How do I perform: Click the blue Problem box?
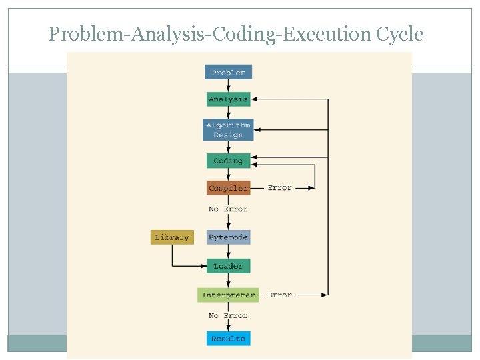(x=228, y=72)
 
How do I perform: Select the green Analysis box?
(x=228, y=99)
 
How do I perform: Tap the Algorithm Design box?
(x=228, y=130)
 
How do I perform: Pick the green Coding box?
(x=228, y=161)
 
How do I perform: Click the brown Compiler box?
(x=228, y=188)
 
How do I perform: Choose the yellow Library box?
(x=172, y=237)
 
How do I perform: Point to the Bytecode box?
(x=228, y=237)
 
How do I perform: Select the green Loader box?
(x=228, y=266)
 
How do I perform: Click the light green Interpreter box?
(x=228, y=295)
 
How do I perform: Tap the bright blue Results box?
(x=228, y=339)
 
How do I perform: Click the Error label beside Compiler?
(x=279, y=188)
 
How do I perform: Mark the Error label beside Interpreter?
(x=279, y=295)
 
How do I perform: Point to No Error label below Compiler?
(x=228, y=209)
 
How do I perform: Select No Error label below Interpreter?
(x=228, y=316)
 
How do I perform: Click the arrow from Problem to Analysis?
(x=228, y=86)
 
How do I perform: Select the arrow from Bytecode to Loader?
(x=228, y=252)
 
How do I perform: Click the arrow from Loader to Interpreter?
(x=228, y=281)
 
